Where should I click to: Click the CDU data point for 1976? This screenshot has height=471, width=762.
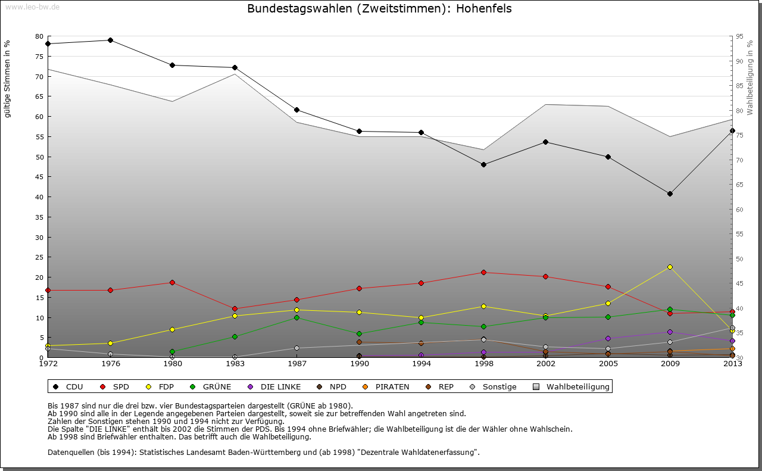pyautogui.click(x=110, y=40)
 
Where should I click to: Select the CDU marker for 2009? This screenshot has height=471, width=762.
pyautogui.click(x=670, y=194)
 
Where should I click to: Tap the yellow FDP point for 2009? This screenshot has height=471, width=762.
pyautogui.click(x=670, y=267)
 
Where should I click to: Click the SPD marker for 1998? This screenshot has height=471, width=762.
pyautogui.click(x=483, y=272)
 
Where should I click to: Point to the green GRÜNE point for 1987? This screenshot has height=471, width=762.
pyautogui.click(x=296, y=317)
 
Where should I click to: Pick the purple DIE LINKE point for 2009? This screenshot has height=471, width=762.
pyautogui.click(x=670, y=332)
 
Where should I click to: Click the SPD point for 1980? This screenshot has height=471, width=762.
pyautogui.click(x=172, y=282)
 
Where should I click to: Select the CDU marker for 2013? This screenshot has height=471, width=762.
pyautogui.click(x=732, y=130)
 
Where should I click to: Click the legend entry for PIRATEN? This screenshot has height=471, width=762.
pyautogui.click(x=392, y=387)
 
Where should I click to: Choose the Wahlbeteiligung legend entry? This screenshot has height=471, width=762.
pyautogui.click(x=577, y=387)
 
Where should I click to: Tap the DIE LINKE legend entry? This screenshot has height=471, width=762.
pyautogui.click(x=280, y=387)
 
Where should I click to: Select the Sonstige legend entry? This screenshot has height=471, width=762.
pyautogui.click(x=499, y=387)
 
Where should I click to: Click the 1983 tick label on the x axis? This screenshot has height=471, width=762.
pyautogui.click(x=235, y=363)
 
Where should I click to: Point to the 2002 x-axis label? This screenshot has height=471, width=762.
pyautogui.click(x=545, y=363)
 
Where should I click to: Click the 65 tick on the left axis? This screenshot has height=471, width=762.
pyautogui.click(x=39, y=96)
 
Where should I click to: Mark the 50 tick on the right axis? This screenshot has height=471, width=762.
pyautogui.click(x=739, y=259)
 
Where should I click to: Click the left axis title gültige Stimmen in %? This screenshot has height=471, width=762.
pyautogui.click(x=7, y=79)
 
